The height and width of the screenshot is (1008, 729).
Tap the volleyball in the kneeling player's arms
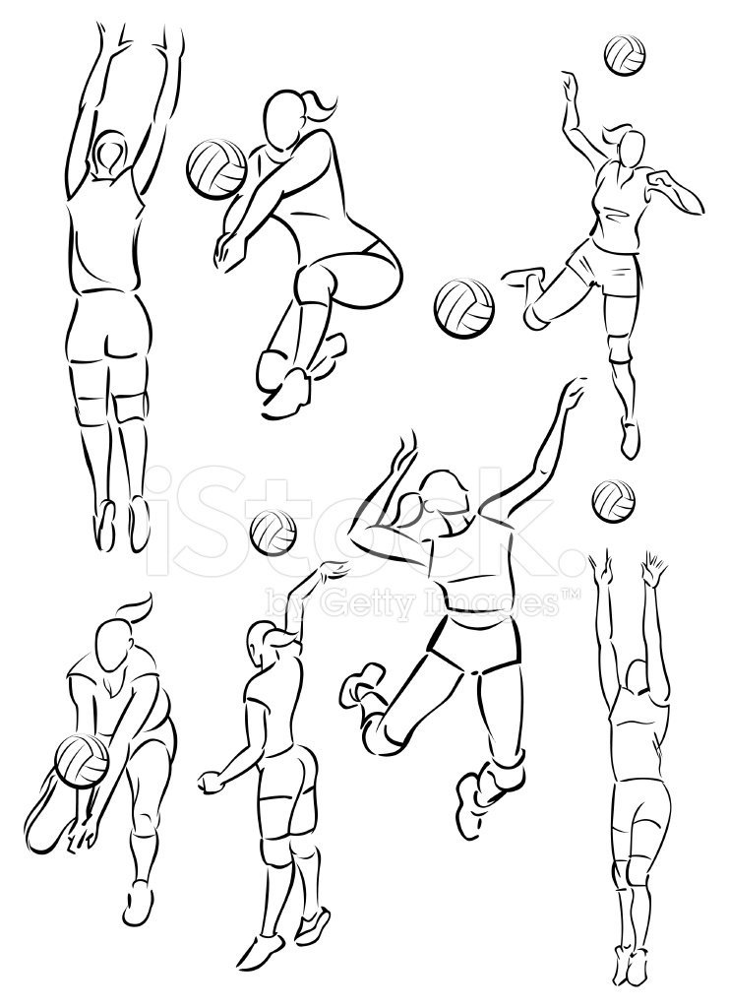(82, 761)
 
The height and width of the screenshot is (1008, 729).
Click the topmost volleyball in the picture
(625, 55)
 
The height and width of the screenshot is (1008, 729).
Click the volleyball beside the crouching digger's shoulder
(216, 167)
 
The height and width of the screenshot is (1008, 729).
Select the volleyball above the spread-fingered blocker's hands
(613, 501)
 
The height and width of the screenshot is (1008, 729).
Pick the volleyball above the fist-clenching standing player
(273, 533)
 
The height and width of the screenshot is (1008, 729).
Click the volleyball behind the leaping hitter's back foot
(464, 308)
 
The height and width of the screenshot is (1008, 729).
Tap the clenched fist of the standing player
(209, 781)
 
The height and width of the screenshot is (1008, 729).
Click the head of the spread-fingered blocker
(638, 678)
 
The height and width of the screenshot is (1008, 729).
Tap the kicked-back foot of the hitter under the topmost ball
(521, 279)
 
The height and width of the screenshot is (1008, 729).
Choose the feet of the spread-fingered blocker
(630, 965)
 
